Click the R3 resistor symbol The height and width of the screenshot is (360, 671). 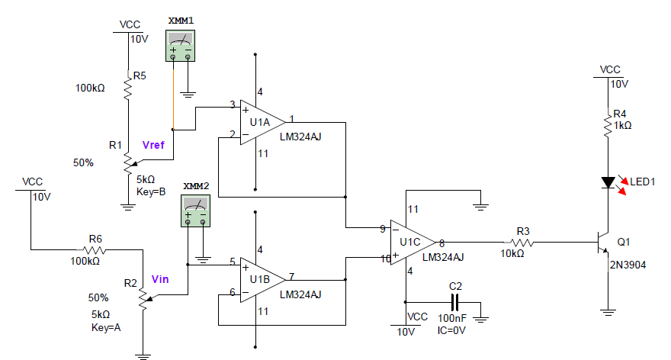[524, 243]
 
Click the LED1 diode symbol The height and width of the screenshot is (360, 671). [608, 183]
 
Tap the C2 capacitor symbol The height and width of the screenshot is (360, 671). [455, 301]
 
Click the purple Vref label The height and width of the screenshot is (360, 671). [153, 145]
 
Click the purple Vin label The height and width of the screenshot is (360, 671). [160, 279]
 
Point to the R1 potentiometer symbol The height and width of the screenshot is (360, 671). [128, 162]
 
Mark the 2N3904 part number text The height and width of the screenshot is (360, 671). [627, 265]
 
